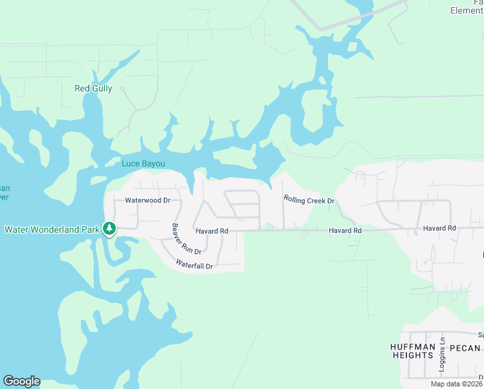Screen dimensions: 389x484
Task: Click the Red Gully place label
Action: [93, 89]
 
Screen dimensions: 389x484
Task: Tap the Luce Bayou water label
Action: [148, 163]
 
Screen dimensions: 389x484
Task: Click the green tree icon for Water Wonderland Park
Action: [110, 228]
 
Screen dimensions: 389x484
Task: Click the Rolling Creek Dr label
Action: [309, 200]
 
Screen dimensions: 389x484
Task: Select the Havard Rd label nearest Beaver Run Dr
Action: [212, 231]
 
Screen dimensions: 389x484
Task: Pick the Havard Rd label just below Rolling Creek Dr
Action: [344, 231]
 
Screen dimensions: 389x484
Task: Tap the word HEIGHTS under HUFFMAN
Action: [412, 356]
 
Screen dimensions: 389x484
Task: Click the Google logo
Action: [21, 381]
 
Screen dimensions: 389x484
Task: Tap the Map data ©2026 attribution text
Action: [456, 384]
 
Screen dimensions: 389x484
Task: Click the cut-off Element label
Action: [467, 10]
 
